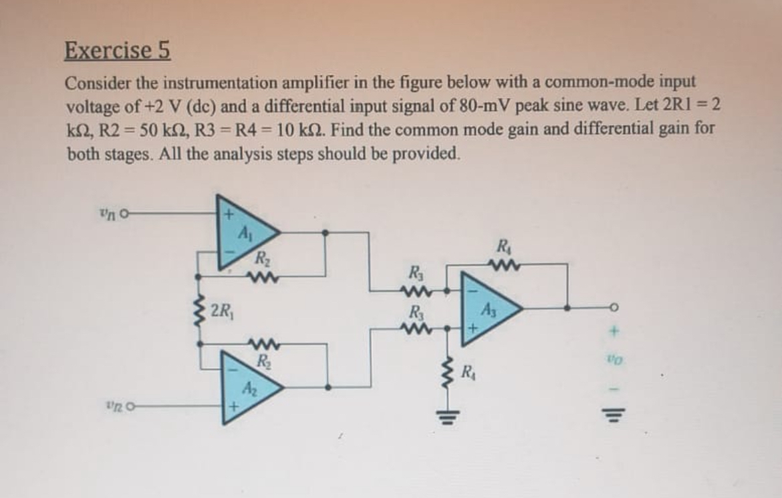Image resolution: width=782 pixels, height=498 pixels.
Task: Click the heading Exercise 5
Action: click(x=117, y=50)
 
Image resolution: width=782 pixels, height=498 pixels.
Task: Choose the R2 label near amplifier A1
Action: click(x=261, y=258)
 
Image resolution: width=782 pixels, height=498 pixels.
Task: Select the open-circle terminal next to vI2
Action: click(x=131, y=406)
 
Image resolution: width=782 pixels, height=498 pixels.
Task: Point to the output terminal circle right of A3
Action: click(x=615, y=308)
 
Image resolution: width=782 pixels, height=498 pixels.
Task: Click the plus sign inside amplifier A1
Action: click(x=228, y=215)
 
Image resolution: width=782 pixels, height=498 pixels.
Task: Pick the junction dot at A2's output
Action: click(x=328, y=387)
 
